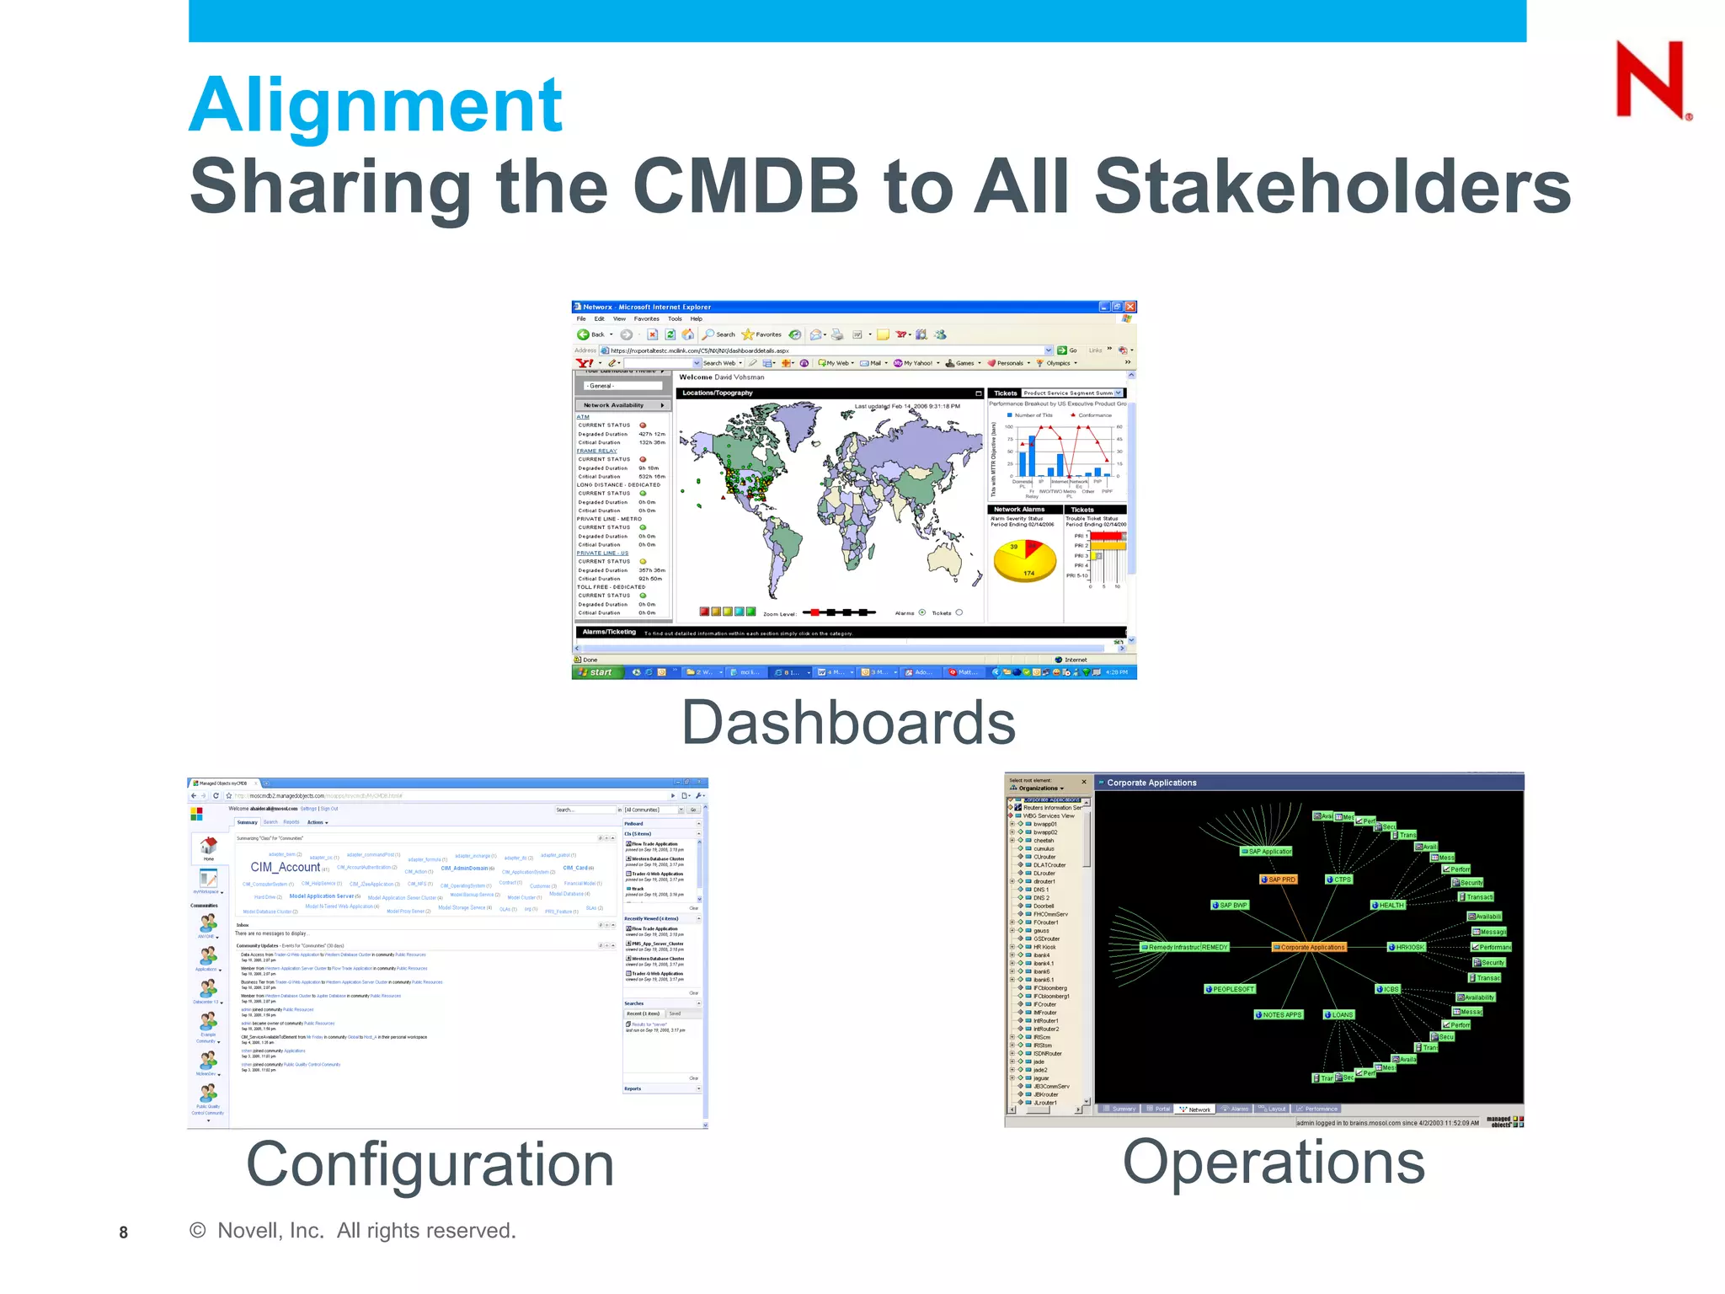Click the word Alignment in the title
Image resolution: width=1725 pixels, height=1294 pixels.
376,106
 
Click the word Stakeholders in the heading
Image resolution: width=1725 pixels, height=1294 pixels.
1332,186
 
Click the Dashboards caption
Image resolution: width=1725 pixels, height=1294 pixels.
848,723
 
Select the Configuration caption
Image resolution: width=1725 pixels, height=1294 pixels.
430,1164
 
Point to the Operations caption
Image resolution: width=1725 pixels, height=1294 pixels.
1274,1162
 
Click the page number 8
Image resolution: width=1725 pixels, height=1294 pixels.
124,1233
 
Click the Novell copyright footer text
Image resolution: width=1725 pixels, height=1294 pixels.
354,1231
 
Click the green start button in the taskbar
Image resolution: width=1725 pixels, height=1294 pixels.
597,672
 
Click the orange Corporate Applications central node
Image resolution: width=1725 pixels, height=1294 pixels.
1309,947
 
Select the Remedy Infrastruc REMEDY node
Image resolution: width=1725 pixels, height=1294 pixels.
1184,947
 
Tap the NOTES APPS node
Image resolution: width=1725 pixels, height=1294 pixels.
1279,1014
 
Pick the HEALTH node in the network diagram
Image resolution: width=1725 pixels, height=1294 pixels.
1388,905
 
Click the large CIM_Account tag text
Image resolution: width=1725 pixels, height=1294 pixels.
286,867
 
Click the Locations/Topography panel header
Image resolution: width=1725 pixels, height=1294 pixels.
718,393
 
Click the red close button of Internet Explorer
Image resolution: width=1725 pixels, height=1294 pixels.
1130,307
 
